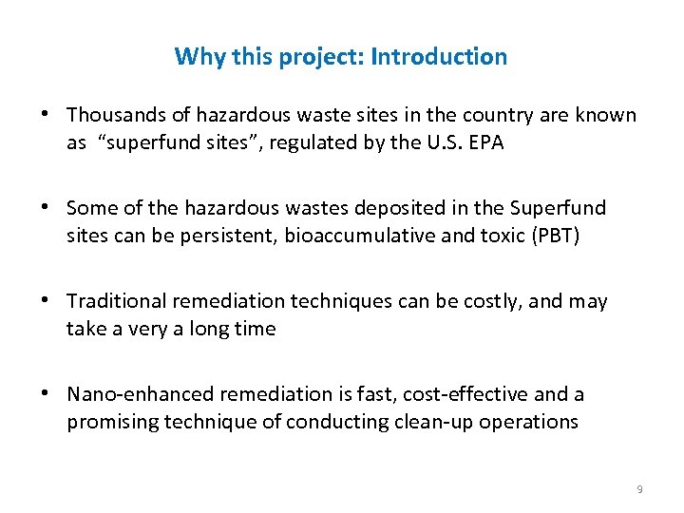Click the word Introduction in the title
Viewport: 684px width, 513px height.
click(439, 57)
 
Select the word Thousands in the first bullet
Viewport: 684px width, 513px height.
click(113, 115)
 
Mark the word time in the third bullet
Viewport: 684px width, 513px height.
click(256, 330)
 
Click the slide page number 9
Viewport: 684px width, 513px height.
click(639, 489)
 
